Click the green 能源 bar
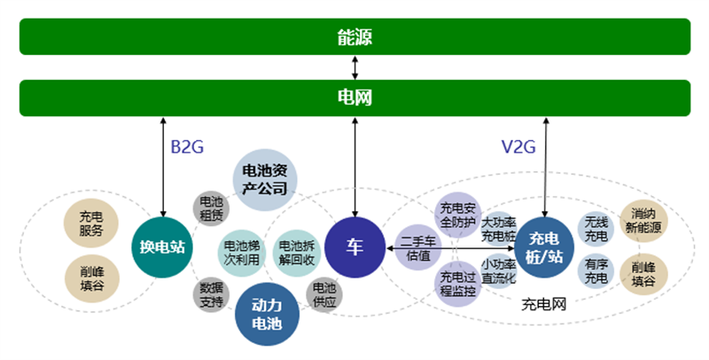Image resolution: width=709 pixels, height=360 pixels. [354, 37]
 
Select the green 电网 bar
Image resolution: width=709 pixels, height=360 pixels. [354, 98]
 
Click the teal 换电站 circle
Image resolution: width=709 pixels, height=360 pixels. [162, 247]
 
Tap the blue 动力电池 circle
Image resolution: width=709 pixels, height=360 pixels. [266, 315]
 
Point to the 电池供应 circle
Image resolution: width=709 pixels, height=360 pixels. [324, 295]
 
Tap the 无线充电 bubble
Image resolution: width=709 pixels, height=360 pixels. [596, 229]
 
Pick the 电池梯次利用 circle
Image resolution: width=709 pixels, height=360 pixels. [241, 253]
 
